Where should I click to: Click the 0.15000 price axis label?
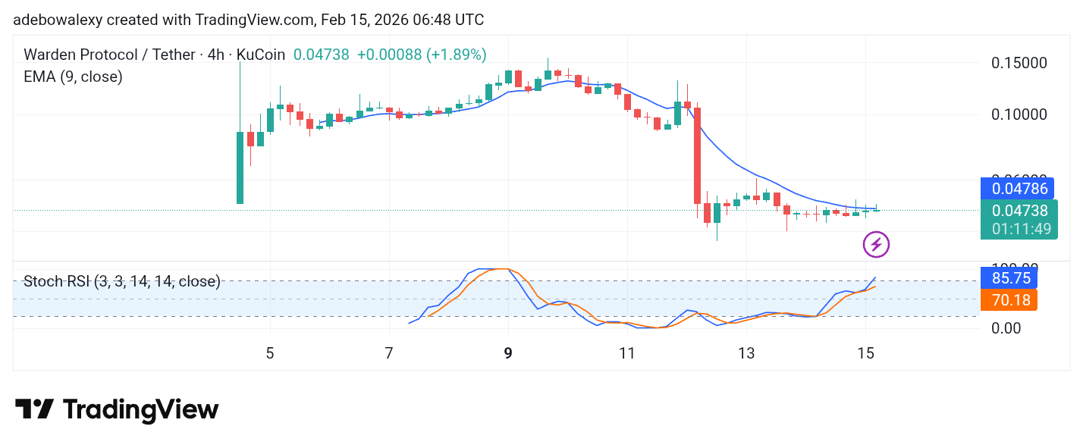tap(1020, 63)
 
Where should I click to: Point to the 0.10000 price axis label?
tap(1020, 114)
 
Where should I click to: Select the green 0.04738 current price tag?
tap(1018, 211)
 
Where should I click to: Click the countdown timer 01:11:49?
tap(1018, 228)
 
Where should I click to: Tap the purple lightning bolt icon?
tap(876, 244)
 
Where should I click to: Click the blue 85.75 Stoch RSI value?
tap(1009, 278)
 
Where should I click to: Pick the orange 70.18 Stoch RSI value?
tap(1009, 300)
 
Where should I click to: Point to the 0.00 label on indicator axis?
tap(1006, 327)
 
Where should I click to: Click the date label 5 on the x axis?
tap(270, 353)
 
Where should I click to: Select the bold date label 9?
tap(508, 353)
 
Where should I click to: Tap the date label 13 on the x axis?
tap(746, 353)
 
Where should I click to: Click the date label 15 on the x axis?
tap(865, 353)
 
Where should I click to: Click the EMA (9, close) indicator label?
tap(73, 77)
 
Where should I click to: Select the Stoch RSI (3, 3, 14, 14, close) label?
tap(122, 282)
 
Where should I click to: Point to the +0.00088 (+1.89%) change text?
tap(422, 55)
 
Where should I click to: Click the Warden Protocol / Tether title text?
tap(111, 55)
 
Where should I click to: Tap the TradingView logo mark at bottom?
tap(35, 409)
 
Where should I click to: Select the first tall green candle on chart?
tap(240, 167)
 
